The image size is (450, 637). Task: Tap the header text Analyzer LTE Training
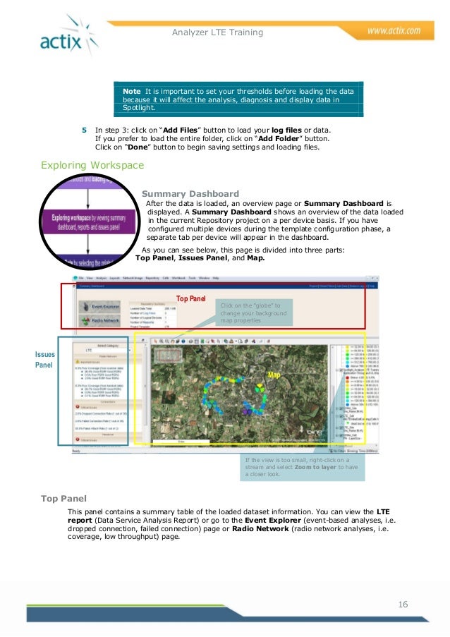coord(217,32)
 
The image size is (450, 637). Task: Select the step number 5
coord(84,131)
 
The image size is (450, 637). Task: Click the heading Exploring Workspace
coord(92,166)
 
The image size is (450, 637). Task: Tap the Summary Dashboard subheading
coord(190,194)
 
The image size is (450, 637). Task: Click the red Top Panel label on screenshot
coord(190,299)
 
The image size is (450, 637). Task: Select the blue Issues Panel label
coord(44,360)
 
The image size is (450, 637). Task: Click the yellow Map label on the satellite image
coord(274,375)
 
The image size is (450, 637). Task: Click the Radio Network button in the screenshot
coord(101,322)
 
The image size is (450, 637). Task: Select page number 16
coord(403,604)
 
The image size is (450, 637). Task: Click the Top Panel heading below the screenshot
coord(63,499)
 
